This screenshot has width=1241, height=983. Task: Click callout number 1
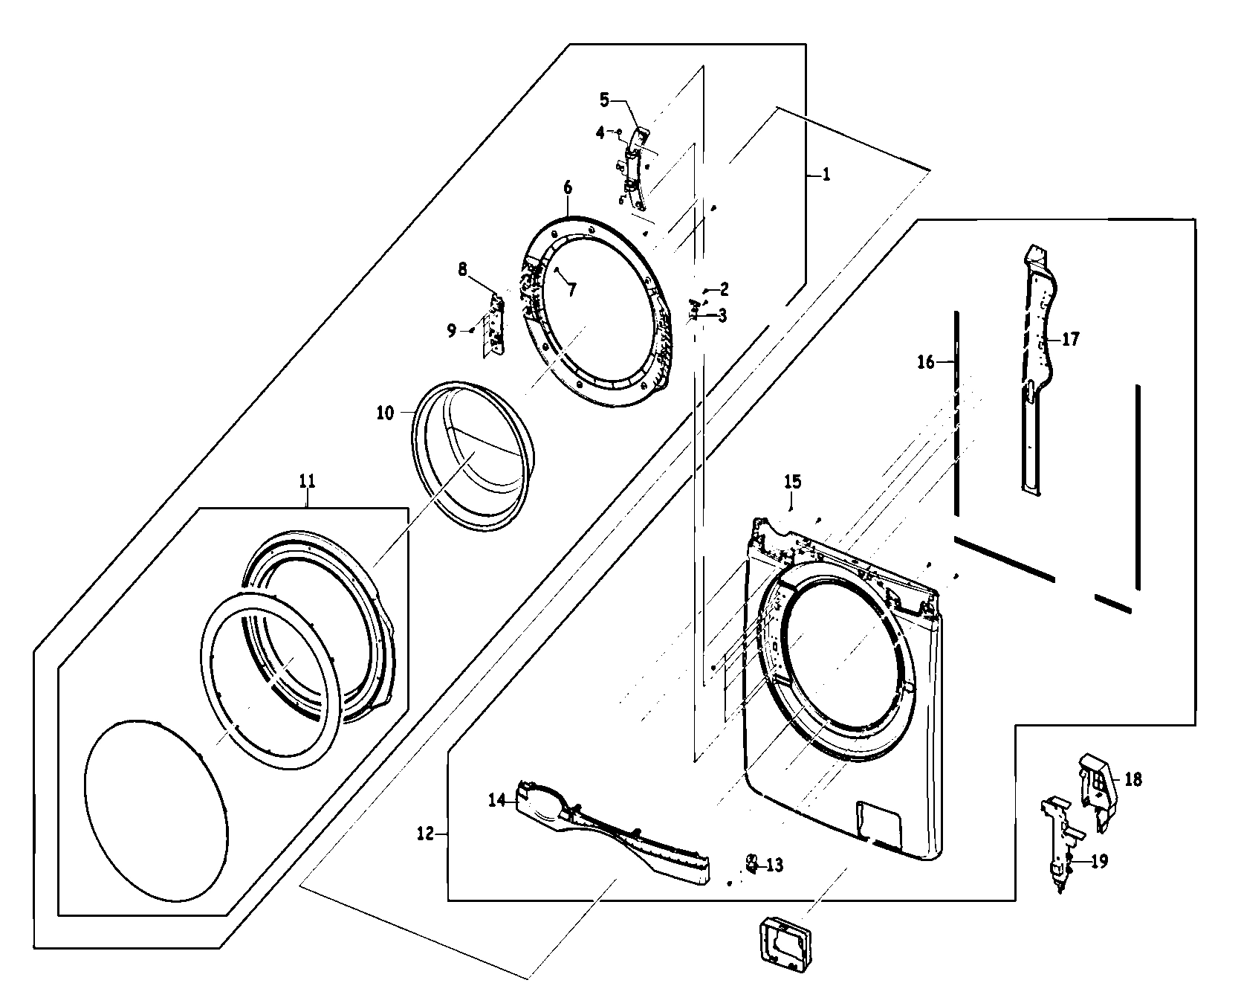827,175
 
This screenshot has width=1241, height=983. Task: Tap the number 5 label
604,99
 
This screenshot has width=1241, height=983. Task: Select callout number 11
307,481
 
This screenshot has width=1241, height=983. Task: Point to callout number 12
424,834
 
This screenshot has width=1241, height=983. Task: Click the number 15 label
792,481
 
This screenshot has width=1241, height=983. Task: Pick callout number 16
925,362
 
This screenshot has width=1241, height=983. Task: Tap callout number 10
384,413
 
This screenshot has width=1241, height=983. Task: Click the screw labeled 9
470,330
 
